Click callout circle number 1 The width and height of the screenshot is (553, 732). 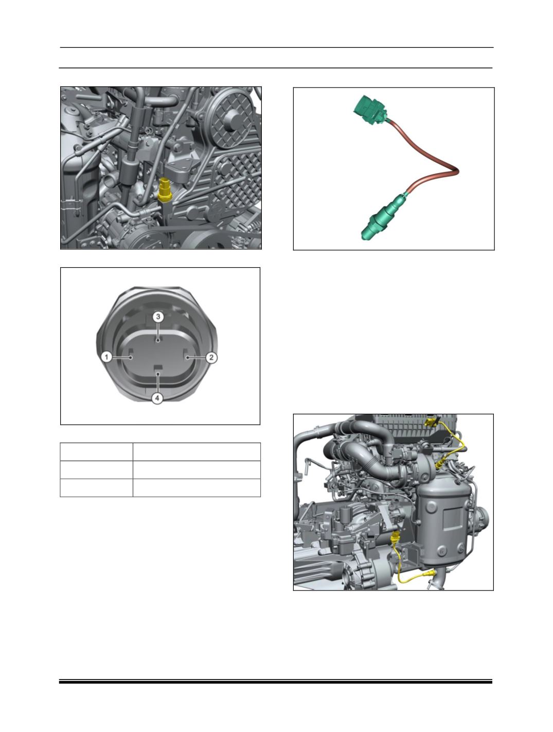tap(106, 357)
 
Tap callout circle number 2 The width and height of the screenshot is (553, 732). tap(211, 358)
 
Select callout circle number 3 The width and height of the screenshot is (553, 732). tap(158, 317)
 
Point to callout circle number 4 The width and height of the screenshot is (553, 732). tap(157, 398)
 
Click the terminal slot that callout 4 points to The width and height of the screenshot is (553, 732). tap(157, 367)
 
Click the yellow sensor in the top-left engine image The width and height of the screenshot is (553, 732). tap(164, 189)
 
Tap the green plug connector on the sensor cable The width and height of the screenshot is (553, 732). tap(370, 110)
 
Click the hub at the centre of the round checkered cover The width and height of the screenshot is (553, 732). tap(230, 117)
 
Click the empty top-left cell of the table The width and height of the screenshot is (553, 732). tap(97, 452)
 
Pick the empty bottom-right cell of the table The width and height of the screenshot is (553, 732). tap(197, 488)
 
